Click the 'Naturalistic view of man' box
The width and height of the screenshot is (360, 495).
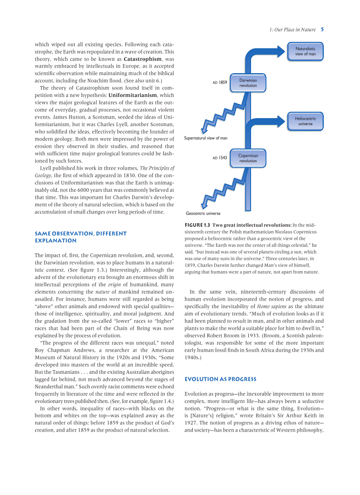click(305, 51)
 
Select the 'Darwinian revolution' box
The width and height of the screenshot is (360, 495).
click(248, 83)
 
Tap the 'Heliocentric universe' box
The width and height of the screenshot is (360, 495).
click(305, 121)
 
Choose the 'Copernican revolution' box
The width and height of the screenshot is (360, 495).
click(248, 158)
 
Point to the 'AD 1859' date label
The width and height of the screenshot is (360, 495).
click(220, 82)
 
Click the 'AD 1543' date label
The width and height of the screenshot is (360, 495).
click(220, 158)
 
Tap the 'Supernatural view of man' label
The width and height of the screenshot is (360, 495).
click(206, 138)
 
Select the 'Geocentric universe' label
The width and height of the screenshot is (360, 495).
click(203, 213)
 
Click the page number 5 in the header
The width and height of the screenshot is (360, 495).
click(322, 30)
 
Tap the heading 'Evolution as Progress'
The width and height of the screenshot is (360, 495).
click(220, 379)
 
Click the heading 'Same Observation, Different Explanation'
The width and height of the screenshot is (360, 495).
click(80, 237)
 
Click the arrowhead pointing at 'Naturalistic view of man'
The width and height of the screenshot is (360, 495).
click(280, 50)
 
